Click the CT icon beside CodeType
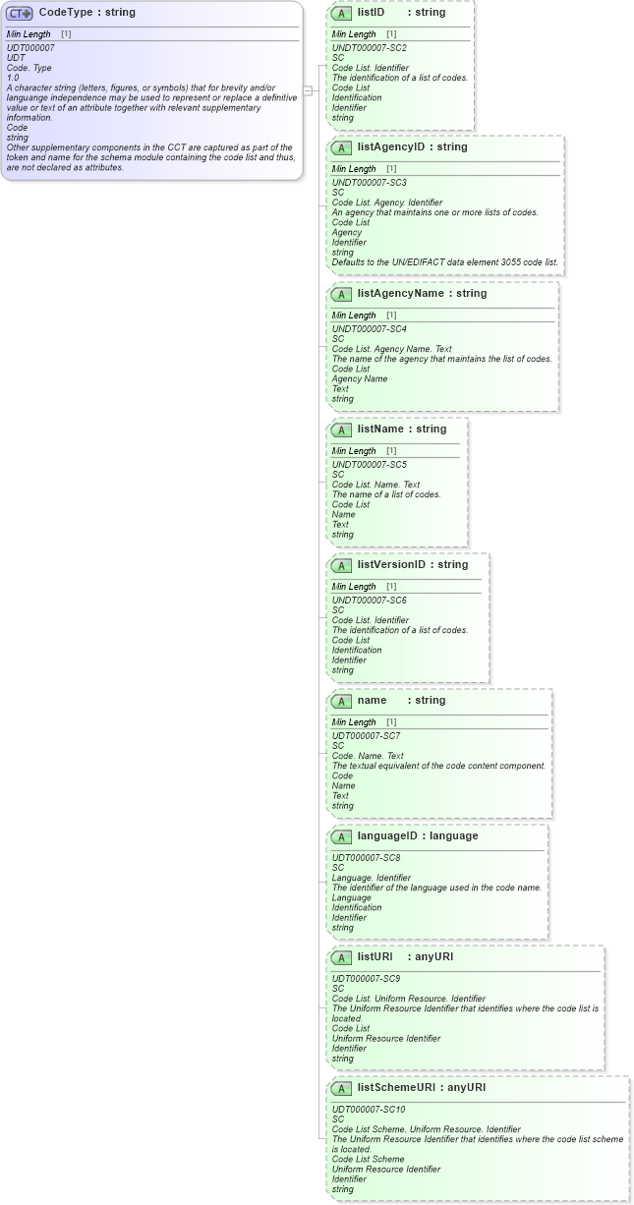(x=20, y=14)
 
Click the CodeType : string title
(x=86, y=13)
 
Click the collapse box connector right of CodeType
(x=308, y=90)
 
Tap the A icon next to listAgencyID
(x=341, y=147)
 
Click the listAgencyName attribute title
(x=422, y=293)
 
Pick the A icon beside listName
(x=341, y=430)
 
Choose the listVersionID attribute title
(x=412, y=564)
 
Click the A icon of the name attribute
(x=341, y=701)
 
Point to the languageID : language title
(x=417, y=835)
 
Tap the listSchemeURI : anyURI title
(x=421, y=1087)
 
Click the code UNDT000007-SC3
(x=369, y=183)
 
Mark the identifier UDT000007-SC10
(x=370, y=1110)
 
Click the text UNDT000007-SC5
(x=369, y=464)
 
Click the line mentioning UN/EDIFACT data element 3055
(x=444, y=262)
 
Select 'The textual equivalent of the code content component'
(x=438, y=766)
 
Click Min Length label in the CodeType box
(x=29, y=34)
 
